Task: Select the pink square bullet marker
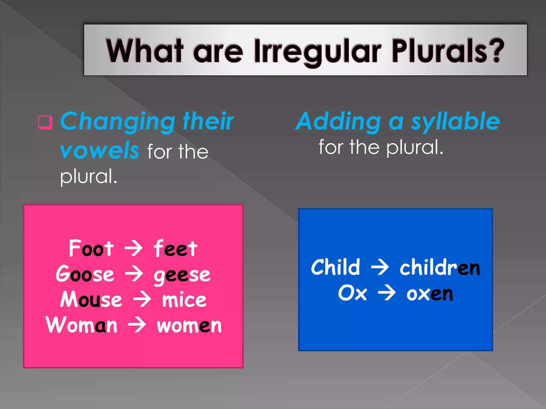[x=45, y=122]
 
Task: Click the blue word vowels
[x=99, y=151]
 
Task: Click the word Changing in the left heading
[x=118, y=122]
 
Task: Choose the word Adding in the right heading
[x=339, y=121]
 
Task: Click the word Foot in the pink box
[x=91, y=248]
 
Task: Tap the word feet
[x=175, y=248]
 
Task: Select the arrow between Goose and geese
[x=134, y=274]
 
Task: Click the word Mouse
[x=91, y=300]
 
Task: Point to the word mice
[x=184, y=300]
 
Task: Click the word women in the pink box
[x=189, y=325]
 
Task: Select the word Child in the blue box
[x=335, y=267]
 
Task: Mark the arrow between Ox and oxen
[x=387, y=293]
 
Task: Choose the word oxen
[x=429, y=294]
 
